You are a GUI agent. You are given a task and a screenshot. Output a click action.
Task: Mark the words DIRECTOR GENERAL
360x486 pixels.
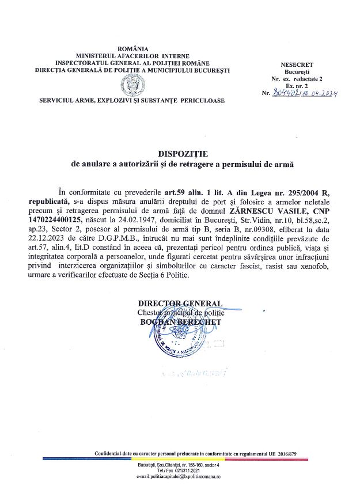pos(180,303)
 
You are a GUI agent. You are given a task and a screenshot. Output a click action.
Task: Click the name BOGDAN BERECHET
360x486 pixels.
pos(180,322)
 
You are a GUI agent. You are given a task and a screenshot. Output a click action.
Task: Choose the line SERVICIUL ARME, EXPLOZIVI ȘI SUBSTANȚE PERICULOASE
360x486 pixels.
pos(132,100)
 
